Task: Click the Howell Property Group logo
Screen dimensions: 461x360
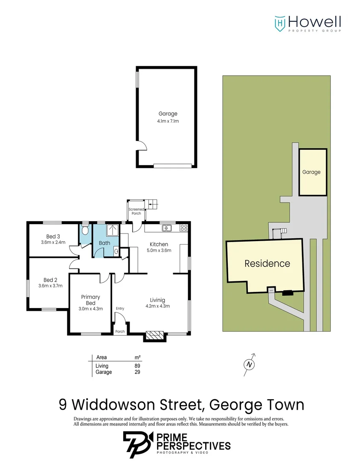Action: pyautogui.click(x=307, y=23)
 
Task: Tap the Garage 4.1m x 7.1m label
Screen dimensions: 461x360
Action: pyautogui.click(x=168, y=117)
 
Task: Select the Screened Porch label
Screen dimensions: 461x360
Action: pyautogui.click(x=136, y=211)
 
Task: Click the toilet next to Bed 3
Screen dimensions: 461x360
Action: pyautogui.click(x=85, y=231)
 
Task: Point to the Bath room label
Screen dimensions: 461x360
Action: pyautogui.click(x=105, y=243)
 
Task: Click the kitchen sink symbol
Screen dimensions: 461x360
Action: pyautogui.click(x=168, y=228)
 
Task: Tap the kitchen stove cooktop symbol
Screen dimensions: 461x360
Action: pyautogui.click(x=184, y=228)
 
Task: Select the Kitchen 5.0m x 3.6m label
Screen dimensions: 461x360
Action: pyautogui.click(x=159, y=247)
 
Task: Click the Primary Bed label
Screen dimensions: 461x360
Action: pyautogui.click(x=90, y=300)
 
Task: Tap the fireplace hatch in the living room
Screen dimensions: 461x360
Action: pyautogui.click(x=154, y=336)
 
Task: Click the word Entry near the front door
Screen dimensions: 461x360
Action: pyautogui.click(x=120, y=309)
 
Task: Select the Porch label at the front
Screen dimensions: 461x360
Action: pyautogui.click(x=120, y=331)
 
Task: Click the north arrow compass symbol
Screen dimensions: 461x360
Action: pyautogui.click(x=249, y=364)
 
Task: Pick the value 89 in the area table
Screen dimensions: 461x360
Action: pyautogui.click(x=137, y=366)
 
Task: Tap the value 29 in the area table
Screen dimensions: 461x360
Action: pyautogui.click(x=137, y=372)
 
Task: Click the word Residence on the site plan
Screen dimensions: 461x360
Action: pyautogui.click(x=267, y=264)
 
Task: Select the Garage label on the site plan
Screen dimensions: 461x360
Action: pyautogui.click(x=311, y=172)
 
